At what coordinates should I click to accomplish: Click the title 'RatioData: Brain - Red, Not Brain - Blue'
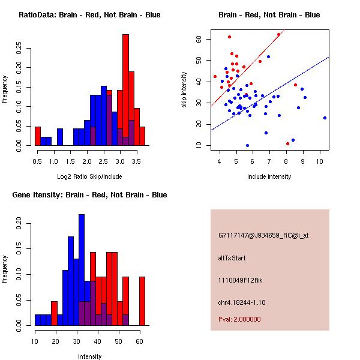coord(89,15)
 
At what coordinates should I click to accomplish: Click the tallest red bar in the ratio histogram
coord(126,90)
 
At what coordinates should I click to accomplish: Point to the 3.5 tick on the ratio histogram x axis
coord(137,161)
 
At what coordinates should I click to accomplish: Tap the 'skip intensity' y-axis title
coord(185,91)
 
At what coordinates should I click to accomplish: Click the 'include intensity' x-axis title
coord(269,176)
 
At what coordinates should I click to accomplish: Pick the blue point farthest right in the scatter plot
coord(325,118)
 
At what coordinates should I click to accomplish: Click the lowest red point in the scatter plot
coord(288,143)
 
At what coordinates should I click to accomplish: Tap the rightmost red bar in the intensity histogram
coord(142,301)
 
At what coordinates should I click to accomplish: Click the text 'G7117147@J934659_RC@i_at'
coord(263,236)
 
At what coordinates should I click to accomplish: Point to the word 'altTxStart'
coord(232,258)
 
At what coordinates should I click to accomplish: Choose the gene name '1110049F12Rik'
coord(239,280)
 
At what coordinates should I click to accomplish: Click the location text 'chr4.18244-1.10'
coord(242,302)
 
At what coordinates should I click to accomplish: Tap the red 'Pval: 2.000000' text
coord(239,320)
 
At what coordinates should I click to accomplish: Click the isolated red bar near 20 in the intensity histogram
coord(55,313)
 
